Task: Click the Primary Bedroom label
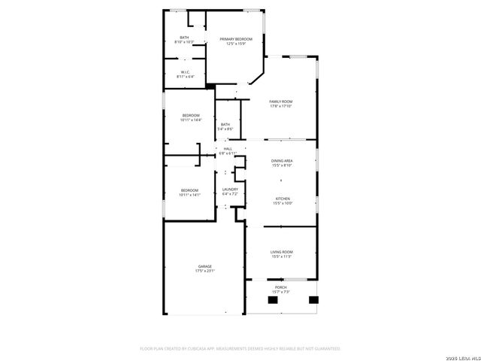click(x=235, y=39)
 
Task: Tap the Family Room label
click(x=281, y=102)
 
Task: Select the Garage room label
click(x=204, y=266)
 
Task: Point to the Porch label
click(x=280, y=287)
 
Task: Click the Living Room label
click(x=281, y=251)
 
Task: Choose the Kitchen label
click(x=281, y=198)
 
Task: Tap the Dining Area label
click(x=281, y=161)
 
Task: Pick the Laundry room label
click(x=230, y=190)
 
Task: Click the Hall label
click(x=228, y=149)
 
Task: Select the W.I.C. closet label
click(x=185, y=72)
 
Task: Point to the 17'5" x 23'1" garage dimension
click(x=204, y=271)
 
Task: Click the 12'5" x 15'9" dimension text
click(x=235, y=44)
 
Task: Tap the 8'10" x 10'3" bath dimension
click(x=185, y=41)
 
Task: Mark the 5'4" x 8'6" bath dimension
click(x=225, y=129)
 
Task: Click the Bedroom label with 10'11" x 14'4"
click(x=190, y=115)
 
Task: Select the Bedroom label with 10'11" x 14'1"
click(x=189, y=190)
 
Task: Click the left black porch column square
click(x=272, y=300)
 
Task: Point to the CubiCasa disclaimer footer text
click(x=240, y=349)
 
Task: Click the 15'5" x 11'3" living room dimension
click(x=281, y=256)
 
